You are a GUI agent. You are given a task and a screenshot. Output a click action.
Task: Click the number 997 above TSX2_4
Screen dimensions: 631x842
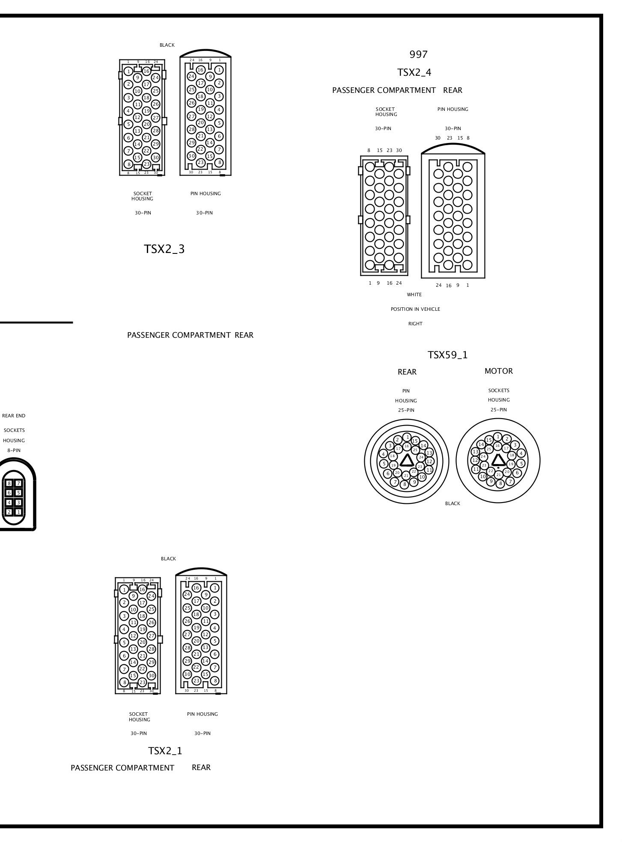point(418,54)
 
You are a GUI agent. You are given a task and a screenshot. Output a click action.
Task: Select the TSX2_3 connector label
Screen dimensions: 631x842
point(164,249)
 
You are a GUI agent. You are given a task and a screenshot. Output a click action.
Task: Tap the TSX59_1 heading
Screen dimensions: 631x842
point(448,355)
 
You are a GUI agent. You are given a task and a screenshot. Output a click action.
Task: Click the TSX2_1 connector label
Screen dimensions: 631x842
point(165,751)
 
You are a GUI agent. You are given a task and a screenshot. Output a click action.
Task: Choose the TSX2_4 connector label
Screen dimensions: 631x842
point(414,72)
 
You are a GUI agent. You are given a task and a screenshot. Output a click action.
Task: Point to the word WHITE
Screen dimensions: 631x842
point(414,295)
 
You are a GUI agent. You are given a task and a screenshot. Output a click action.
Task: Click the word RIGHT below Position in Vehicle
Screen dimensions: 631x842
point(415,324)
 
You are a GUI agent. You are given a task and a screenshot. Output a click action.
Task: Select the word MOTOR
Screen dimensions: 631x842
point(498,371)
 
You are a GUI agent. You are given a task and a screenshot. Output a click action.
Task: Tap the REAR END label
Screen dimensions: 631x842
point(14,416)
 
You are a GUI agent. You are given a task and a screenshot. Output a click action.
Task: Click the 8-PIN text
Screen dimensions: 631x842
point(14,450)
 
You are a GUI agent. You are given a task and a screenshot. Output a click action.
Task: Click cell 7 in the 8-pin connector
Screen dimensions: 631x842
point(18,483)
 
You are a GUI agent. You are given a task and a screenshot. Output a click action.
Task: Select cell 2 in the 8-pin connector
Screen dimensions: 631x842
point(9,512)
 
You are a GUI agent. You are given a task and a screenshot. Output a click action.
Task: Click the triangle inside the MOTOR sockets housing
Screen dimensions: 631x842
point(497,460)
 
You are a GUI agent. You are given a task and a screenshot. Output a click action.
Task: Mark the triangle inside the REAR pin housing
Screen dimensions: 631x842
point(407,461)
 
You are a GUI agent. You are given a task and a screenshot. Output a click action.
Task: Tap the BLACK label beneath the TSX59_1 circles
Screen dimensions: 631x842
point(452,503)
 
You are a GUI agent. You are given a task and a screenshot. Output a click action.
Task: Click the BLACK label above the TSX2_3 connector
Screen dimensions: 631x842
point(167,45)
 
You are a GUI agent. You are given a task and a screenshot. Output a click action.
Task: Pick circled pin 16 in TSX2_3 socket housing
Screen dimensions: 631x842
point(146,71)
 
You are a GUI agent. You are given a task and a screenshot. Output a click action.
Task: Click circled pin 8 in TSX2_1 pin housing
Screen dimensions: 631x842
point(215,681)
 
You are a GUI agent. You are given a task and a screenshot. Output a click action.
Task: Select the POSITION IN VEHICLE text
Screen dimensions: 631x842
point(415,309)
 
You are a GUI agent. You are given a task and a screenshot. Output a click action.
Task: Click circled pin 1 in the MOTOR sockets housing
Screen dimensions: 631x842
point(497,437)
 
